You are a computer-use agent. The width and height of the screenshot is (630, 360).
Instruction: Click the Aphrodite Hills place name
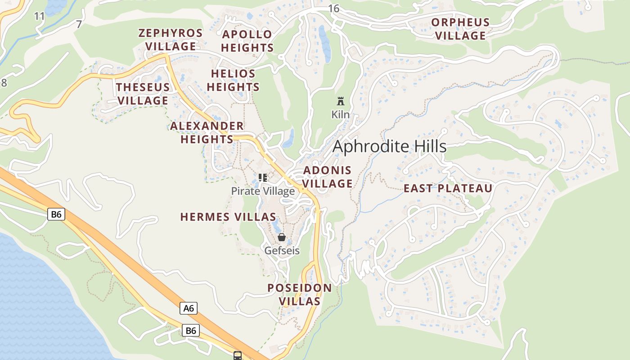[389, 147]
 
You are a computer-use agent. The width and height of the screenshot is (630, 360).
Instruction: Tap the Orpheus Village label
[460, 29]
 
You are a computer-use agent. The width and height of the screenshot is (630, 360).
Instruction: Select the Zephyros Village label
[171, 40]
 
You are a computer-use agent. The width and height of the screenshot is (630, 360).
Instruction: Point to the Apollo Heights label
[247, 41]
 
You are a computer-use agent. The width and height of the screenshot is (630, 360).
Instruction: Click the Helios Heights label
[233, 80]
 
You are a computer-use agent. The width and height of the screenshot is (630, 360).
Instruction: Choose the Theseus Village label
[143, 94]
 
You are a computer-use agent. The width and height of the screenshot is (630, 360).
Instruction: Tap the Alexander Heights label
[207, 132]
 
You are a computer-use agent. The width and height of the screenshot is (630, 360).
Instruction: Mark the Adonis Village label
[328, 177]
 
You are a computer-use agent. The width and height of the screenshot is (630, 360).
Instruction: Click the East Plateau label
[448, 189]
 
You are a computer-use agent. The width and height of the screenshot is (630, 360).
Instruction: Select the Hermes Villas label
[228, 217]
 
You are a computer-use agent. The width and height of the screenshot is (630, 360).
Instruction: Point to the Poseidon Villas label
[300, 294]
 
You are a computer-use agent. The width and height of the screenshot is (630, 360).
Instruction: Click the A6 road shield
[189, 308]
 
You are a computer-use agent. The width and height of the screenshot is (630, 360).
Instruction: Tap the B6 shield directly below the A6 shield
[191, 331]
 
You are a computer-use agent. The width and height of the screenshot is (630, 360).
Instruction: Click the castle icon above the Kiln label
[341, 101]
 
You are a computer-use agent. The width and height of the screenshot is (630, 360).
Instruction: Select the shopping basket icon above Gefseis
[282, 237]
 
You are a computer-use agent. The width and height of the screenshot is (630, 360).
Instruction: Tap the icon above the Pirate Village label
[263, 178]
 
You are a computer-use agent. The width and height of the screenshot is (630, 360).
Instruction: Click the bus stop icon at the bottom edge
[238, 355]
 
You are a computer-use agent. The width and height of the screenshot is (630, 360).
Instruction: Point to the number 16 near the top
[333, 9]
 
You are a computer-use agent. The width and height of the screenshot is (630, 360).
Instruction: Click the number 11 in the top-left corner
[40, 17]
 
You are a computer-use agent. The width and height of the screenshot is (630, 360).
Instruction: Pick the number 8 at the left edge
[4, 83]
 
